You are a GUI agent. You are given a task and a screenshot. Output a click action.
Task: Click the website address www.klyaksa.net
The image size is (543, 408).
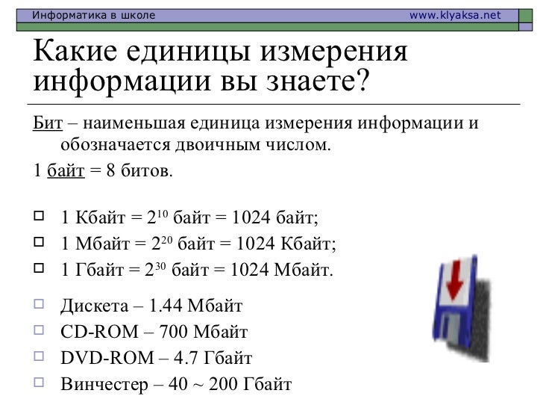tap(456, 15)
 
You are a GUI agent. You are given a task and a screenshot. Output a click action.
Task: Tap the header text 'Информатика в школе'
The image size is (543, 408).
tap(92, 15)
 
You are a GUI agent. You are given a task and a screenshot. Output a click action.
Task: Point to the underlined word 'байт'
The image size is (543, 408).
tap(66, 172)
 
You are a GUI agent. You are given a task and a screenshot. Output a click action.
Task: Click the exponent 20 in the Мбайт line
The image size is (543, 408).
tap(168, 241)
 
